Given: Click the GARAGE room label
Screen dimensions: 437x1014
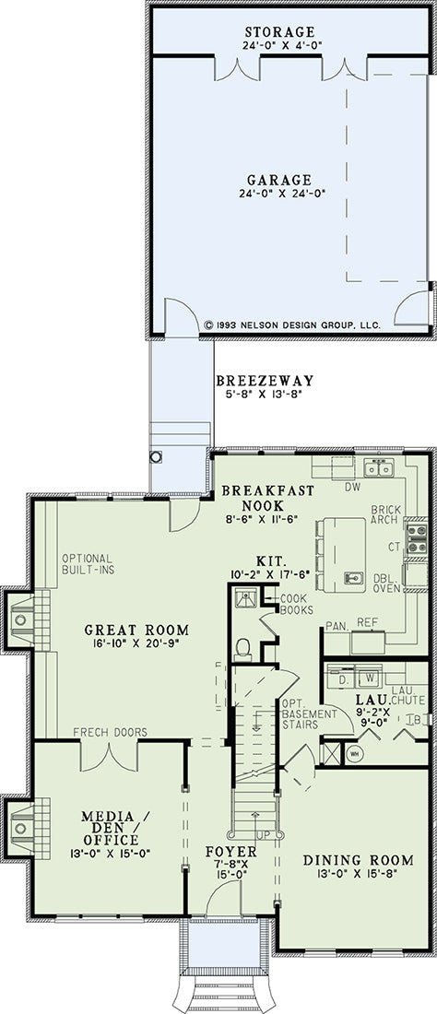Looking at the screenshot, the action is pos(279,180).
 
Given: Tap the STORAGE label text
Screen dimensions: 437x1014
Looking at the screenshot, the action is pos(280,31).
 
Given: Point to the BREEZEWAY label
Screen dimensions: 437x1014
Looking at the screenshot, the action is pos(265,380).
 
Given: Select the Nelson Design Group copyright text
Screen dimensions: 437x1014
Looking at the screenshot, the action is pos(292,324).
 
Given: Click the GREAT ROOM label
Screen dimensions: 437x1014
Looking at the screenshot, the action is pos(137,630).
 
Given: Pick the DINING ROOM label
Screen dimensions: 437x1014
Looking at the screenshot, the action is pos(358,859).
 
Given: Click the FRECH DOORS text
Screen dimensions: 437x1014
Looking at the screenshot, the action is pos(110,732).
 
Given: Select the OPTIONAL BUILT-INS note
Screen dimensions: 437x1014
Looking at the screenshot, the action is pos(88,563).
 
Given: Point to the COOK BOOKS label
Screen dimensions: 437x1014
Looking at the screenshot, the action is pos(297,604).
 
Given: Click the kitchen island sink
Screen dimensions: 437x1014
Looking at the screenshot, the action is pos(354,577).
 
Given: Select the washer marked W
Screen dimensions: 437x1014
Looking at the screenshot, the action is pos(370,678).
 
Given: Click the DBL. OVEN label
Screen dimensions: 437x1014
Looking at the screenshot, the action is pos(387,584).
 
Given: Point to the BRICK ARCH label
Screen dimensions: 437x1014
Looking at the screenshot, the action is pos(386,514).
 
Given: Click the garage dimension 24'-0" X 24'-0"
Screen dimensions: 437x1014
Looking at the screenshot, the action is pos(280,193).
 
